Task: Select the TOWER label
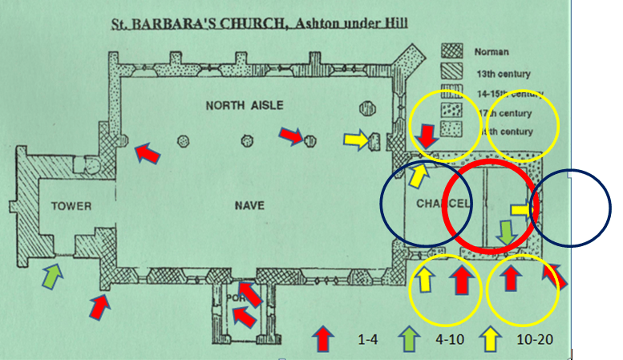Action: pyautogui.click(x=71, y=206)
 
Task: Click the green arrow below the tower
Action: pyautogui.click(x=51, y=276)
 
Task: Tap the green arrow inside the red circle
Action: pyautogui.click(x=505, y=233)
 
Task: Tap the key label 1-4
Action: pyautogui.click(x=368, y=339)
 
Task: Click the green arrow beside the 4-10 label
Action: pyautogui.click(x=409, y=338)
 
